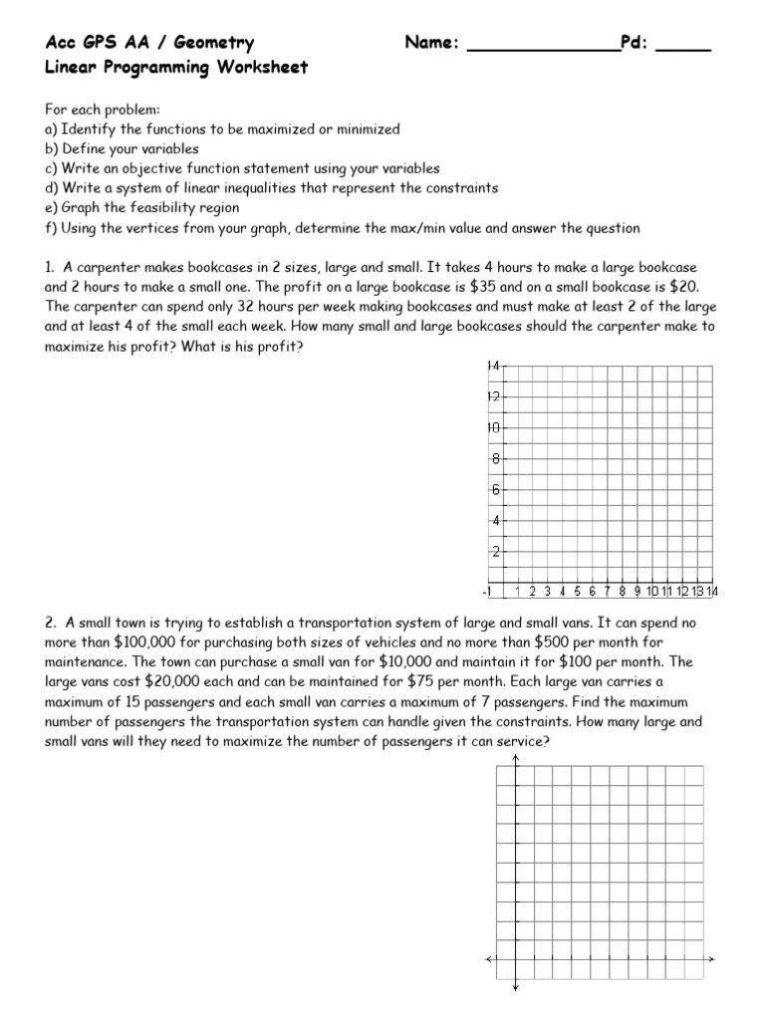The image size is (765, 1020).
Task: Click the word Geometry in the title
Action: [210, 43]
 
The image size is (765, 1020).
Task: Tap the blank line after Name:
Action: [542, 46]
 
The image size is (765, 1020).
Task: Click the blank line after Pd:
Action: [683, 46]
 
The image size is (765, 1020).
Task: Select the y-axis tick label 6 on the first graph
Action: [493, 490]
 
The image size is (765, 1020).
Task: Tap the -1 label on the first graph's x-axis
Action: [486, 592]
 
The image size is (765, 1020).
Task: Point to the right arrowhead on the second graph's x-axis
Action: [712, 959]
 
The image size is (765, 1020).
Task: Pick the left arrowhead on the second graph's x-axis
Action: [488, 959]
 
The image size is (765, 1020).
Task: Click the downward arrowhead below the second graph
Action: [515, 987]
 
